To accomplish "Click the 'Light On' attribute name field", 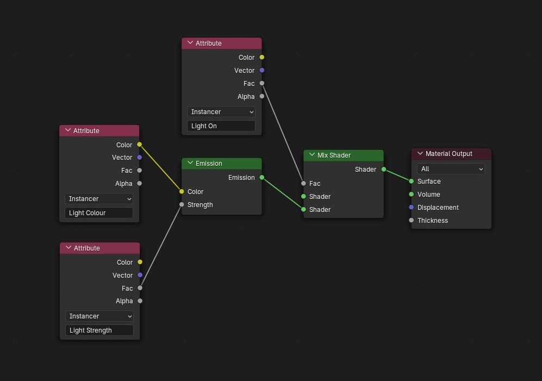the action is pos(221,126).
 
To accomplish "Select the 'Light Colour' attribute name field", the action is pos(99,213).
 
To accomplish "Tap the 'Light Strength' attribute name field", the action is pos(99,330).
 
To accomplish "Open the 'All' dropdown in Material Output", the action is pos(451,168).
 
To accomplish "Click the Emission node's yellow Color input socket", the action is pos(182,191).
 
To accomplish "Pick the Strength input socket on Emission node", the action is pos(182,205).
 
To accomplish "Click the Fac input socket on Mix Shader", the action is pos(303,183).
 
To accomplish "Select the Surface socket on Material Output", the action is pos(412,181).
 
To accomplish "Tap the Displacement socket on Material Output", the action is pos(412,208).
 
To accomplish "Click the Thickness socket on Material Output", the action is pos(412,220).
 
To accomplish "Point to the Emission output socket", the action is pos(261,177).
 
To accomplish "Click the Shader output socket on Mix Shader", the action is pos(384,169).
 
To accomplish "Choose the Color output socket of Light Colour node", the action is pos(139,145).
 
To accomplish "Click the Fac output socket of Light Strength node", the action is pos(140,288).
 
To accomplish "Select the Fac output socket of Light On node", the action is pos(261,83).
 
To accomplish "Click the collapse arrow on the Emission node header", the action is pos(190,163).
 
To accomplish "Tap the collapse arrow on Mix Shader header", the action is pos(312,155).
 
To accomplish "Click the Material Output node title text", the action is pos(448,153).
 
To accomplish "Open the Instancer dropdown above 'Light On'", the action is pos(221,111).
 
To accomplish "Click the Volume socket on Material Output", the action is pos(412,194).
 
